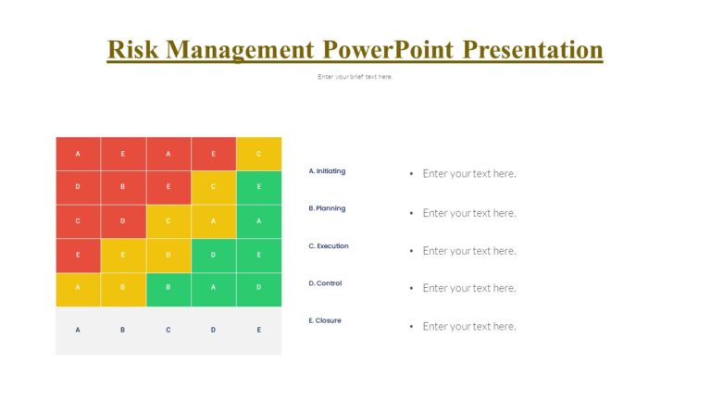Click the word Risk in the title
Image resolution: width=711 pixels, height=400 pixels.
pyautogui.click(x=132, y=49)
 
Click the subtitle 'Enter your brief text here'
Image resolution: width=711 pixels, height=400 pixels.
pyautogui.click(x=355, y=77)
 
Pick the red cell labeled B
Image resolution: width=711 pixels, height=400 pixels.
pyautogui.click(x=123, y=187)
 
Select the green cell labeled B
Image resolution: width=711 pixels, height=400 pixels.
pyautogui.click(x=168, y=288)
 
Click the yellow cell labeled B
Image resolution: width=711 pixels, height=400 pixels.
pyautogui.click(x=123, y=288)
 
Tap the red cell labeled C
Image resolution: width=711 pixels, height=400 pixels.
pyautogui.click(x=78, y=221)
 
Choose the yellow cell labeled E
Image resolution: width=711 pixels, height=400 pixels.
pyautogui.click(x=123, y=255)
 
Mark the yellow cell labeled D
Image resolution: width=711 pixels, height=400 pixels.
pyautogui.click(x=168, y=255)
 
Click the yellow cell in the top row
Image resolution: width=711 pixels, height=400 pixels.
pyautogui.click(x=258, y=154)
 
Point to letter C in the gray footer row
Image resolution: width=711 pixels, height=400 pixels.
pyautogui.click(x=168, y=330)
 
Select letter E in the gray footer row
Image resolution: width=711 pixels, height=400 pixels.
pyautogui.click(x=258, y=330)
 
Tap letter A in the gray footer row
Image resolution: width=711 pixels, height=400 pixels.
pyautogui.click(x=78, y=330)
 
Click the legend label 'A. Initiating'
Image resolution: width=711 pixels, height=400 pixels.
pyautogui.click(x=327, y=171)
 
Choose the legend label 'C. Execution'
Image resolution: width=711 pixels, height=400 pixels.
pyautogui.click(x=329, y=246)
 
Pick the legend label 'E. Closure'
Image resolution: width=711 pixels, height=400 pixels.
pyautogui.click(x=325, y=320)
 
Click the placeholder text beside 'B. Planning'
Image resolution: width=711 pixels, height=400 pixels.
pyautogui.click(x=468, y=213)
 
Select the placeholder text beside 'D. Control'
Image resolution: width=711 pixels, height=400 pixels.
pyautogui.click(x=468, y=288)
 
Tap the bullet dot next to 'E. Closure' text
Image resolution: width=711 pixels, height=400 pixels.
pyautogui.click(x=411, y=327)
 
